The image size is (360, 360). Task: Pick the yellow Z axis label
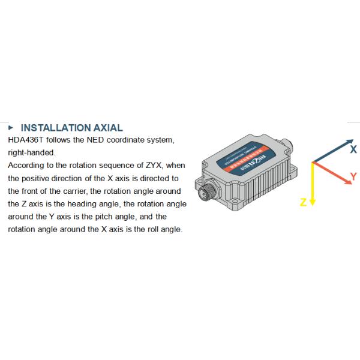[303, 202]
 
